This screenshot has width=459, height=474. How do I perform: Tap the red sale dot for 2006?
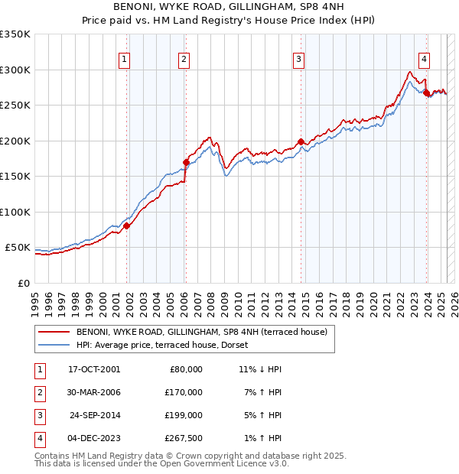point(186,162)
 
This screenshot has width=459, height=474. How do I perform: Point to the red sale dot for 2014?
point(301,141)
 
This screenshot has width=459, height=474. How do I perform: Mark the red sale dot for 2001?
point(127,226)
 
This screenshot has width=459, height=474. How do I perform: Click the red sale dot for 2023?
point(426,93)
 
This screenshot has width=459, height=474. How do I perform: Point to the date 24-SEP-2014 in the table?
point(94,415)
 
